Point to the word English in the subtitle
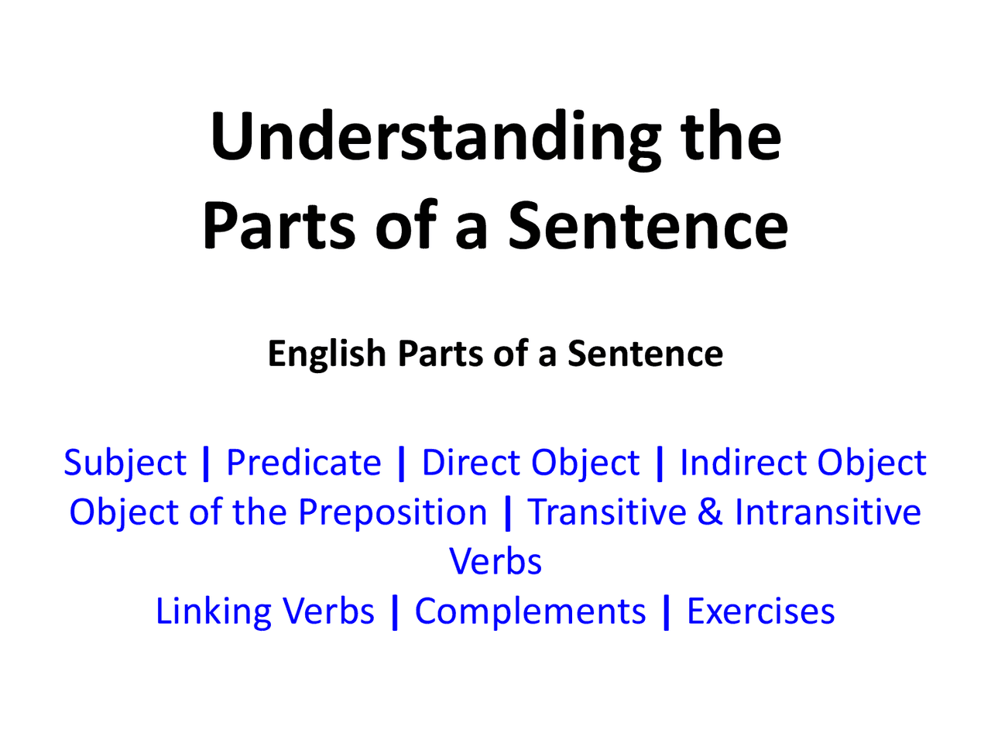(326, 354)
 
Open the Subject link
(125, 463)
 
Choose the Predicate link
(303, 463)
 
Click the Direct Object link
(530, 463)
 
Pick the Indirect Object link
(803, 463)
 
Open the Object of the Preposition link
(278, 512)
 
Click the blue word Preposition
(393, 512)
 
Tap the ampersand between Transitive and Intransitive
(710, 512)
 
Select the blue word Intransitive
(828, 512)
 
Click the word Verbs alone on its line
(495, 562)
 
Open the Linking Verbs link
(265, 611)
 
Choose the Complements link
(530, 611)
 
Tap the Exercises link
(761, 611)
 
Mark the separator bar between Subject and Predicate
(206, 463)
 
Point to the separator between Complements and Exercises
(667, 611)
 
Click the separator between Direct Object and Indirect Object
(660, 463)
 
